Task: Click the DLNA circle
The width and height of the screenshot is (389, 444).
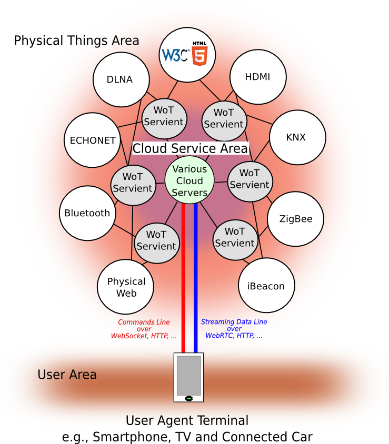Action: pos(120,79)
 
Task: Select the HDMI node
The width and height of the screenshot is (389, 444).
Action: pos(257,77)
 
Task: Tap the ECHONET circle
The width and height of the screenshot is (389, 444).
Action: pos(93,140)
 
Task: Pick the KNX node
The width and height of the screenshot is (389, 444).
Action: pos(296,137)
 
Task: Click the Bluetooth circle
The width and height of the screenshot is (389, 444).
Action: pos(87,213)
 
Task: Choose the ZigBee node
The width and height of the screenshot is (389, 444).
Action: pos(296,219)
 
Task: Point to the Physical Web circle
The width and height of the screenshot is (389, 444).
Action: pos(126,287)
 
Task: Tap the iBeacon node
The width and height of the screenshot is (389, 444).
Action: pos(266,286)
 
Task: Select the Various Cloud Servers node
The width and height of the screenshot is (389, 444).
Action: pos(189,181)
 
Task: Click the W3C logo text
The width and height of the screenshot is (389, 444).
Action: pos(174,55)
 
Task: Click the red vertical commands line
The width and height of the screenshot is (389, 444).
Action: pos(183,279)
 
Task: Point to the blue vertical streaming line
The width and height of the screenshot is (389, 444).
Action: pos(195,279)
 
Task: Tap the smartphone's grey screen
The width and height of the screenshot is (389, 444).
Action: pos(188,375)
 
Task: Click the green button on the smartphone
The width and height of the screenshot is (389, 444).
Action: pos(188,398)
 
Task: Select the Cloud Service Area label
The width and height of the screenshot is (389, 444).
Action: pos(190,148)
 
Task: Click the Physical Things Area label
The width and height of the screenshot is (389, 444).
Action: pos(76,41)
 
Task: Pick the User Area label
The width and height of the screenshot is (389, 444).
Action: pos(67,375)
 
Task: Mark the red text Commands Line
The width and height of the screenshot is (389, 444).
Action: pos(144,322)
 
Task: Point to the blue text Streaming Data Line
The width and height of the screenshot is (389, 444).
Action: pos(234,322)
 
